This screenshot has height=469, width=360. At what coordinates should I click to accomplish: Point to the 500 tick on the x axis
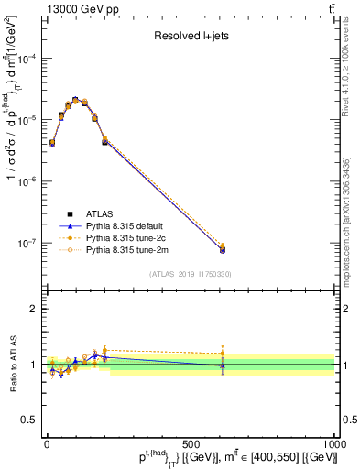pyautogui.click(x=191, y=441)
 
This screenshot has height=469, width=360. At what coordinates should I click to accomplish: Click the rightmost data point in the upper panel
pyautogui.click(x=223, y=248)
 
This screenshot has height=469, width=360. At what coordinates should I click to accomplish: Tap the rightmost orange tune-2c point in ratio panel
pyautogui.click(x=223, y=353)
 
